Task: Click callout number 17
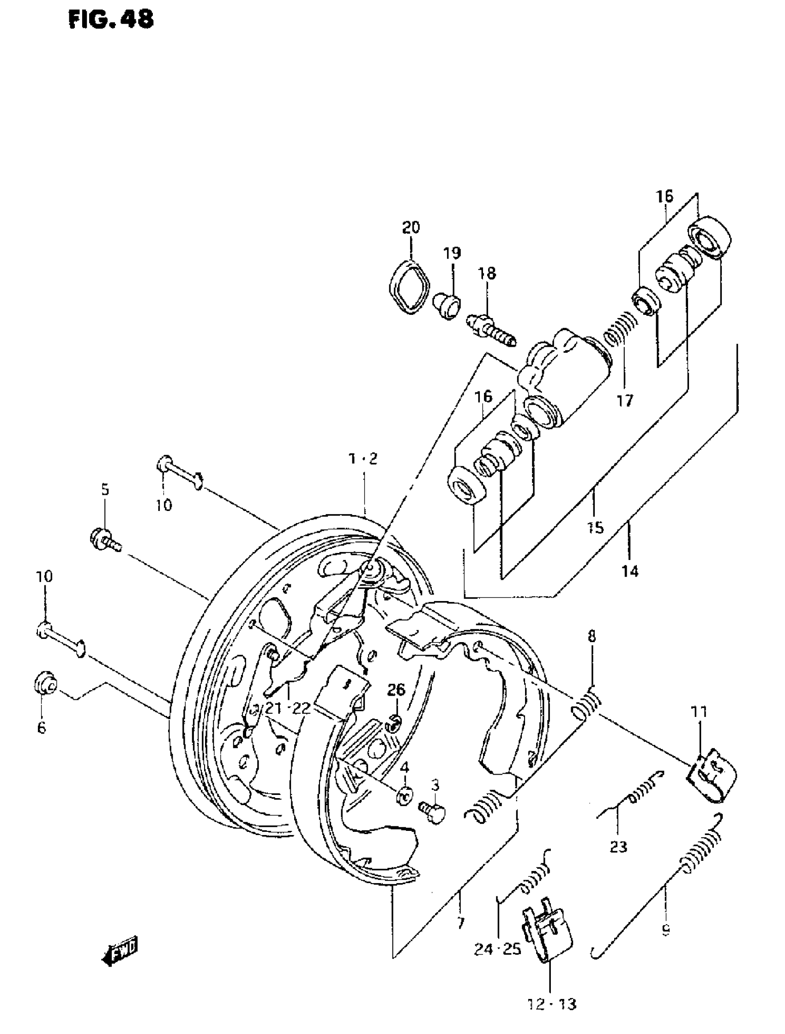point(625,400)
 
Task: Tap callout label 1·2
point(363,459)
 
